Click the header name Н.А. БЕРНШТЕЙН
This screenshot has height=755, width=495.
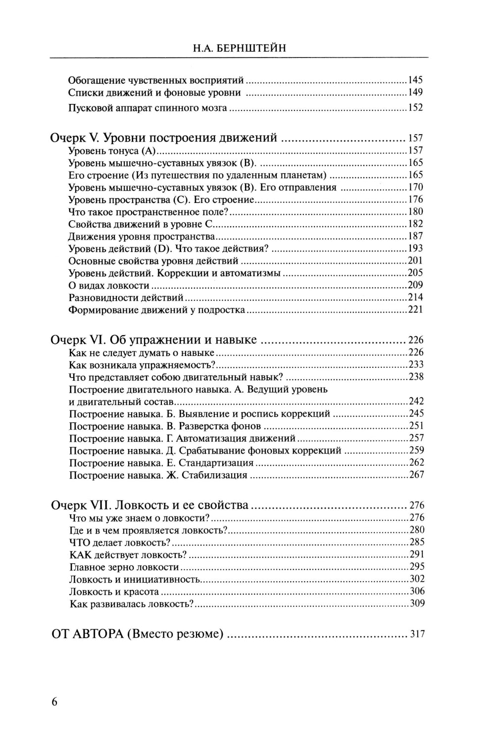[239, 48]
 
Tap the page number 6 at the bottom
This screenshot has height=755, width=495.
[54, 702]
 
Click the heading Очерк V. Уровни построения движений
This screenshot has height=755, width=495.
[163, 138]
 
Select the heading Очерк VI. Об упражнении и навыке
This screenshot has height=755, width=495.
[154, 340]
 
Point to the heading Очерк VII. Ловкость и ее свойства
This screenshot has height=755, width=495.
[150, 505]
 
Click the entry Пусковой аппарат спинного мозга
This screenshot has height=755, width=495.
[148, 108]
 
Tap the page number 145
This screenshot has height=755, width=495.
[415, 80]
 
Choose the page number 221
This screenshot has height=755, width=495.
[415, 310]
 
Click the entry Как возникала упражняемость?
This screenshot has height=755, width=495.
[142, 365]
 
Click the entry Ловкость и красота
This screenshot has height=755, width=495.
[114, 592]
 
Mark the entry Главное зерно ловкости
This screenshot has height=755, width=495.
[124, 567]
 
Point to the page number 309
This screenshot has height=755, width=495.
[417, 604]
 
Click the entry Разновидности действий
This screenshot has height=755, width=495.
[126, 298]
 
